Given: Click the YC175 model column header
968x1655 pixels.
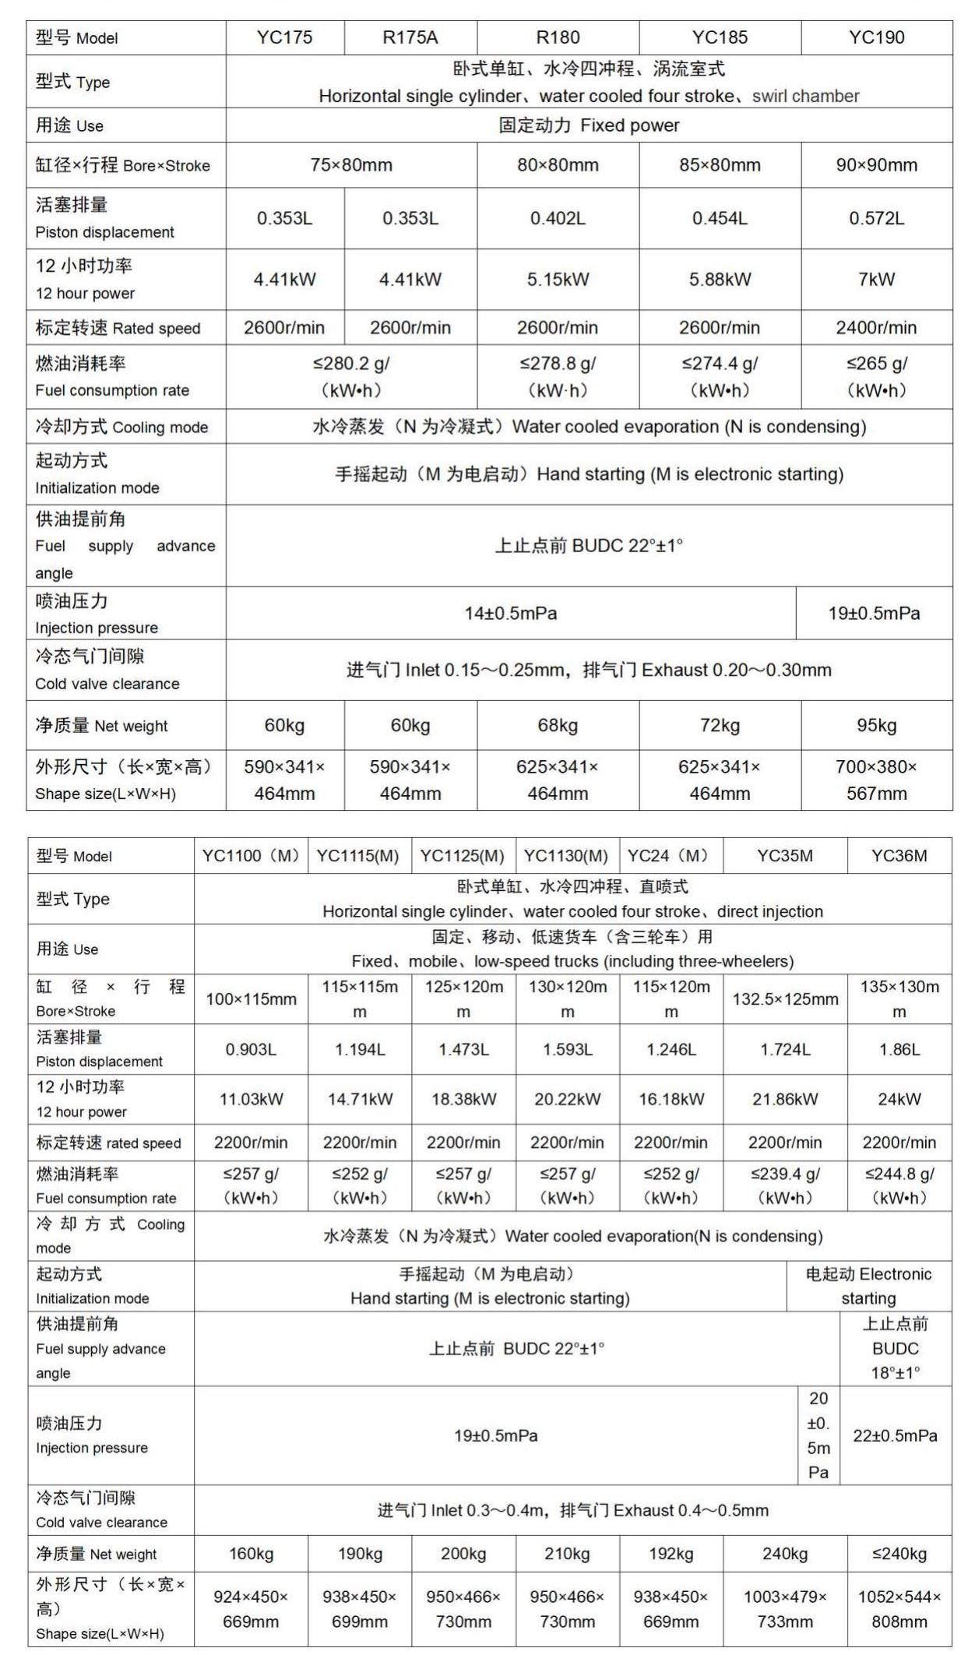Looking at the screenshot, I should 284,37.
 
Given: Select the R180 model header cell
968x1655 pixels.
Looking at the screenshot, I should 558,37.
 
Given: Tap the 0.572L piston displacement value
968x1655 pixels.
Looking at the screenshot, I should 876,218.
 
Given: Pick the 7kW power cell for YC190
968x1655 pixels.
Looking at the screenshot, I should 876,280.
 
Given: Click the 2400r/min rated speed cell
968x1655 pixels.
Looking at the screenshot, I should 876,328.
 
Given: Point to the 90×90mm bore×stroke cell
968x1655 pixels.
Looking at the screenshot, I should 876,165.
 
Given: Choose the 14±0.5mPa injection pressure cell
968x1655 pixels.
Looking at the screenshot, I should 511,614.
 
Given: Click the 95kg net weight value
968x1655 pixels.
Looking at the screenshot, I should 876,726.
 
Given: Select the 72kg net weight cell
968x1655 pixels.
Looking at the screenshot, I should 720,726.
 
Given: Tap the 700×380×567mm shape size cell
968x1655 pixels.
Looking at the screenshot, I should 876,780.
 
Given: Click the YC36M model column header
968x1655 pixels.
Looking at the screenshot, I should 899,856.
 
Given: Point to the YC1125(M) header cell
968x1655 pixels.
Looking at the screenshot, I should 463,856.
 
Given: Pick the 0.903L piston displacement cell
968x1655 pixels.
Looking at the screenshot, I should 251,1050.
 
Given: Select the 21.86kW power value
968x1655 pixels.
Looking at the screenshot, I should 785,1100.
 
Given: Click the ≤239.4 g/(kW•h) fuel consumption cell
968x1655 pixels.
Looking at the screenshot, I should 785,1185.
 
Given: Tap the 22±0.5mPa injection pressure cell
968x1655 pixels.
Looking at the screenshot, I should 895,1435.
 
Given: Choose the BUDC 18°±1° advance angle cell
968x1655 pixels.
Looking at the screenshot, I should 895,1348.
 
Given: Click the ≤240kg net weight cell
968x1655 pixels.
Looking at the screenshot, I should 899,1554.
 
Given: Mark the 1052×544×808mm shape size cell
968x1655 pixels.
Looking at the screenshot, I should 899,1609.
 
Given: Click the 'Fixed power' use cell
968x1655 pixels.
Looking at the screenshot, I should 589,125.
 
